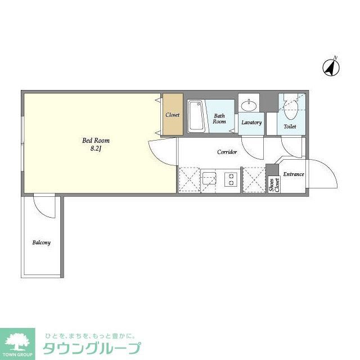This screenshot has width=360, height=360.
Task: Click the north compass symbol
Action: (331, 67)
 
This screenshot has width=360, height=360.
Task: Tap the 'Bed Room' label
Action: (96, 141)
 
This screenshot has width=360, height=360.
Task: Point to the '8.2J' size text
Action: (96, 150)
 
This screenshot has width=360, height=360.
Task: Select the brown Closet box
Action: (172, 115)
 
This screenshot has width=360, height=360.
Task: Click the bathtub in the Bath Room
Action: (196, 116)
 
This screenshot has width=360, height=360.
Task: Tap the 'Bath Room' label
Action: (219, 119)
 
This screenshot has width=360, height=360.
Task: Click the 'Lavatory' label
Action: (251, 122)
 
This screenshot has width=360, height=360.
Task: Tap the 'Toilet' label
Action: (290, 127)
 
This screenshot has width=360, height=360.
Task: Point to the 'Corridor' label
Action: (227, 152)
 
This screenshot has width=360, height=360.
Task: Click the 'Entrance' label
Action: (293, 174)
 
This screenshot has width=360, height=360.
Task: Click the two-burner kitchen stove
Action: (230, 180)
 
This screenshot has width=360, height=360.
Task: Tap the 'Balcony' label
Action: (41, 243)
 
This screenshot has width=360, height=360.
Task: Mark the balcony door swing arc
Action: (45, 207)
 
